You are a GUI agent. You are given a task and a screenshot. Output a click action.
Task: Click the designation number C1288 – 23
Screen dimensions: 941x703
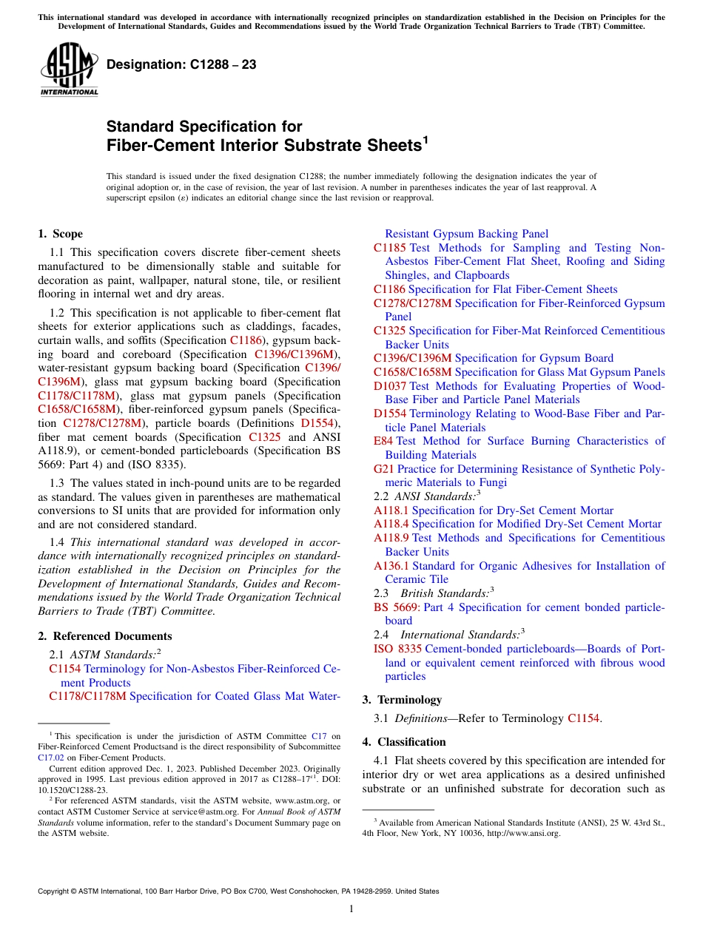pyautogui.click(x=181, y=64)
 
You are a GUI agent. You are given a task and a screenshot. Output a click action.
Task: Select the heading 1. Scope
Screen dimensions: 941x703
pyautogui.click(x=60, y=234)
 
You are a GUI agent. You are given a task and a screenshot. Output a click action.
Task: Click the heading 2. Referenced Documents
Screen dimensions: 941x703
pyautogui.click(x=105, y=636)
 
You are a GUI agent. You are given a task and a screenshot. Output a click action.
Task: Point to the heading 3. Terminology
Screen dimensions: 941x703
pyautogui.click(x=402, y=700)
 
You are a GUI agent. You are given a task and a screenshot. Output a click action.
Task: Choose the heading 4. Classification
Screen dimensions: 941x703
pyautogui.click(x=404, y=742)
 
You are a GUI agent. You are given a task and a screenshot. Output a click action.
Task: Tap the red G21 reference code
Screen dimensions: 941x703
pyautogui.click(x=383, y=469)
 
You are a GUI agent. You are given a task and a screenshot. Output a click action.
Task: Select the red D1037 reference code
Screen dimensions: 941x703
pyautogui.click(x=389, y=386)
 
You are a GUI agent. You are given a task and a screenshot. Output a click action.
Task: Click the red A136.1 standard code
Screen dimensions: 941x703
pyautogui.click(x=391, y=566)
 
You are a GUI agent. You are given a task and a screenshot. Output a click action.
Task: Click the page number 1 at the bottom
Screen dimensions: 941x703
pyautogui.click(x=351, y=908)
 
